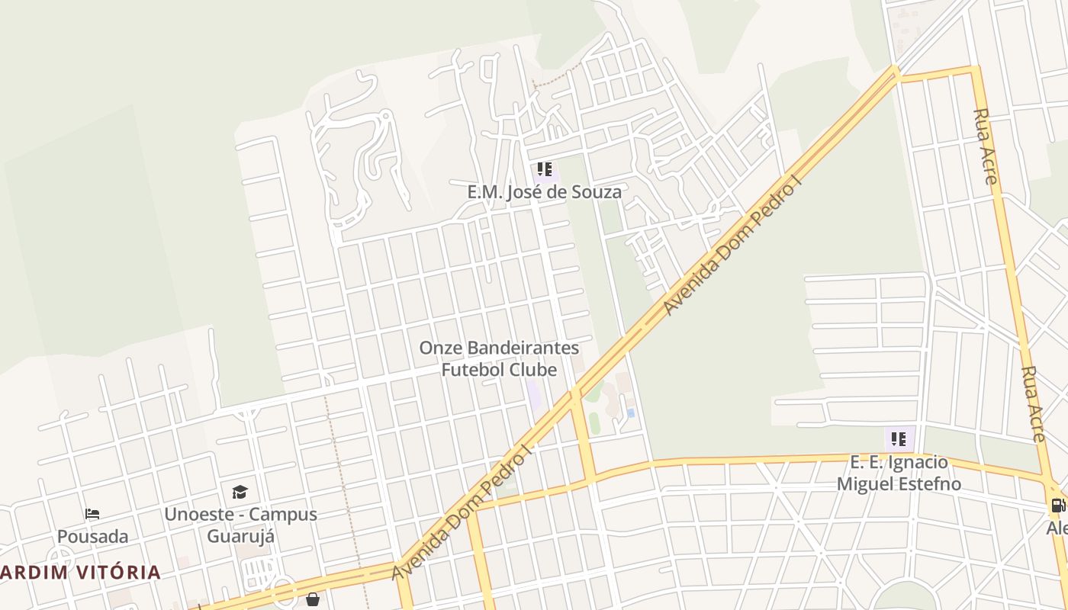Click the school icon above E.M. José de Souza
[x=544, y=169]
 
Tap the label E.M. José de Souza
[x=545, y=191]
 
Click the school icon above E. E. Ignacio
[x=899, y=438]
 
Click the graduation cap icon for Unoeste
[x=240, y=492]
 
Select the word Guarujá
[x=240, y=535]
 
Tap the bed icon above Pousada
[x=92, y=514]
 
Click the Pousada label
[x=92, y=536]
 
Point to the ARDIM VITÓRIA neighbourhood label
[x=80, y=572]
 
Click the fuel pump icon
[x=1058, y=505]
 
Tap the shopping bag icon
[x=313, y=599]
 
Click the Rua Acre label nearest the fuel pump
[x=1033, y=404]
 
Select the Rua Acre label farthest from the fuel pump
[x=985, y=146]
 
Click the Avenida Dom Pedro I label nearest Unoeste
[x=462, y=515]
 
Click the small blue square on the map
[x=630, y=413]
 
